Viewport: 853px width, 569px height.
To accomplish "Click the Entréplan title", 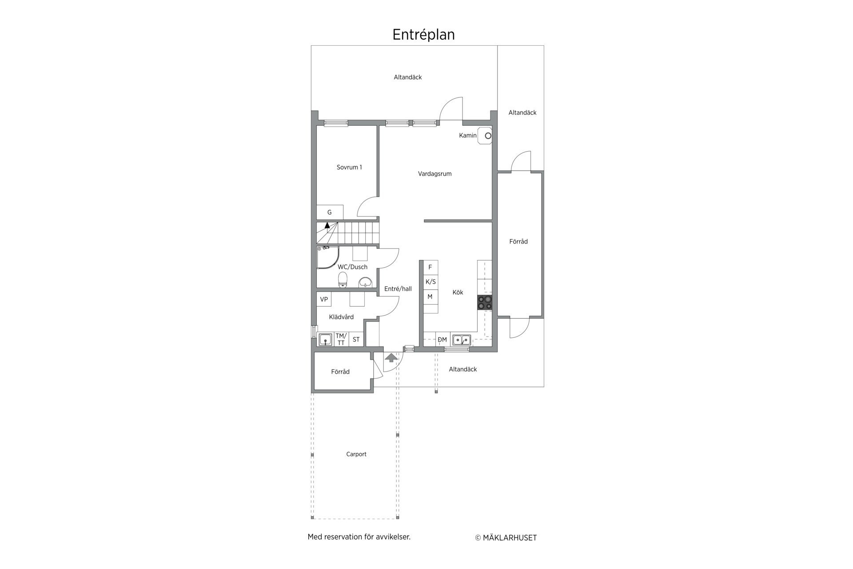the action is click(423, 35).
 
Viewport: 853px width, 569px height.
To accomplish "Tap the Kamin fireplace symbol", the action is click(485, 136).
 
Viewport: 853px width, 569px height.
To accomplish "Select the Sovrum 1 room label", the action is click(349, 168).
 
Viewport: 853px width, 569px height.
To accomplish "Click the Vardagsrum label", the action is click(434, 174).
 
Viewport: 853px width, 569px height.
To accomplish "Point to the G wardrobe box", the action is click(330, 212).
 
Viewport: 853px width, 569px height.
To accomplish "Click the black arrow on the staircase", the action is click(327, 225).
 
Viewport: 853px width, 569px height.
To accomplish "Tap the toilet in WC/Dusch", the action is click(343, 280).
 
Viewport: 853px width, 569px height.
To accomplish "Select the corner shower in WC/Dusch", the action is click(327, 258).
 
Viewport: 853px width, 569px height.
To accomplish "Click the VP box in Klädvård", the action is click(324, 299).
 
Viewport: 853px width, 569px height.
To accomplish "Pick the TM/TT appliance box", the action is click(341, 339).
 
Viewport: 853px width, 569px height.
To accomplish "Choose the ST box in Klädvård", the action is click(356, 339).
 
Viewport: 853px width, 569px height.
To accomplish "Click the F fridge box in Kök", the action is click(430, 267).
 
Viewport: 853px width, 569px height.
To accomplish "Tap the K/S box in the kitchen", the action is click(430, 282).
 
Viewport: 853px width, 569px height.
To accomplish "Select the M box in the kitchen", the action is click(430, 297).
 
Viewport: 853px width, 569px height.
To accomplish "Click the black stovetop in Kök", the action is click(485, 302).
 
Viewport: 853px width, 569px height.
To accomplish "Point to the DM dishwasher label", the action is click(442, 340).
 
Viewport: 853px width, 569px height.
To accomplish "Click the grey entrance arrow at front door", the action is click(391, 357).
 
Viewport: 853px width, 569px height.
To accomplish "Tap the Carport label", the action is click(356, 454).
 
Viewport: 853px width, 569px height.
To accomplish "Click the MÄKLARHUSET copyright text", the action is click(506, 538).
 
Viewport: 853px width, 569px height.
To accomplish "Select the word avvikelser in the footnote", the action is click(393, 537).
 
